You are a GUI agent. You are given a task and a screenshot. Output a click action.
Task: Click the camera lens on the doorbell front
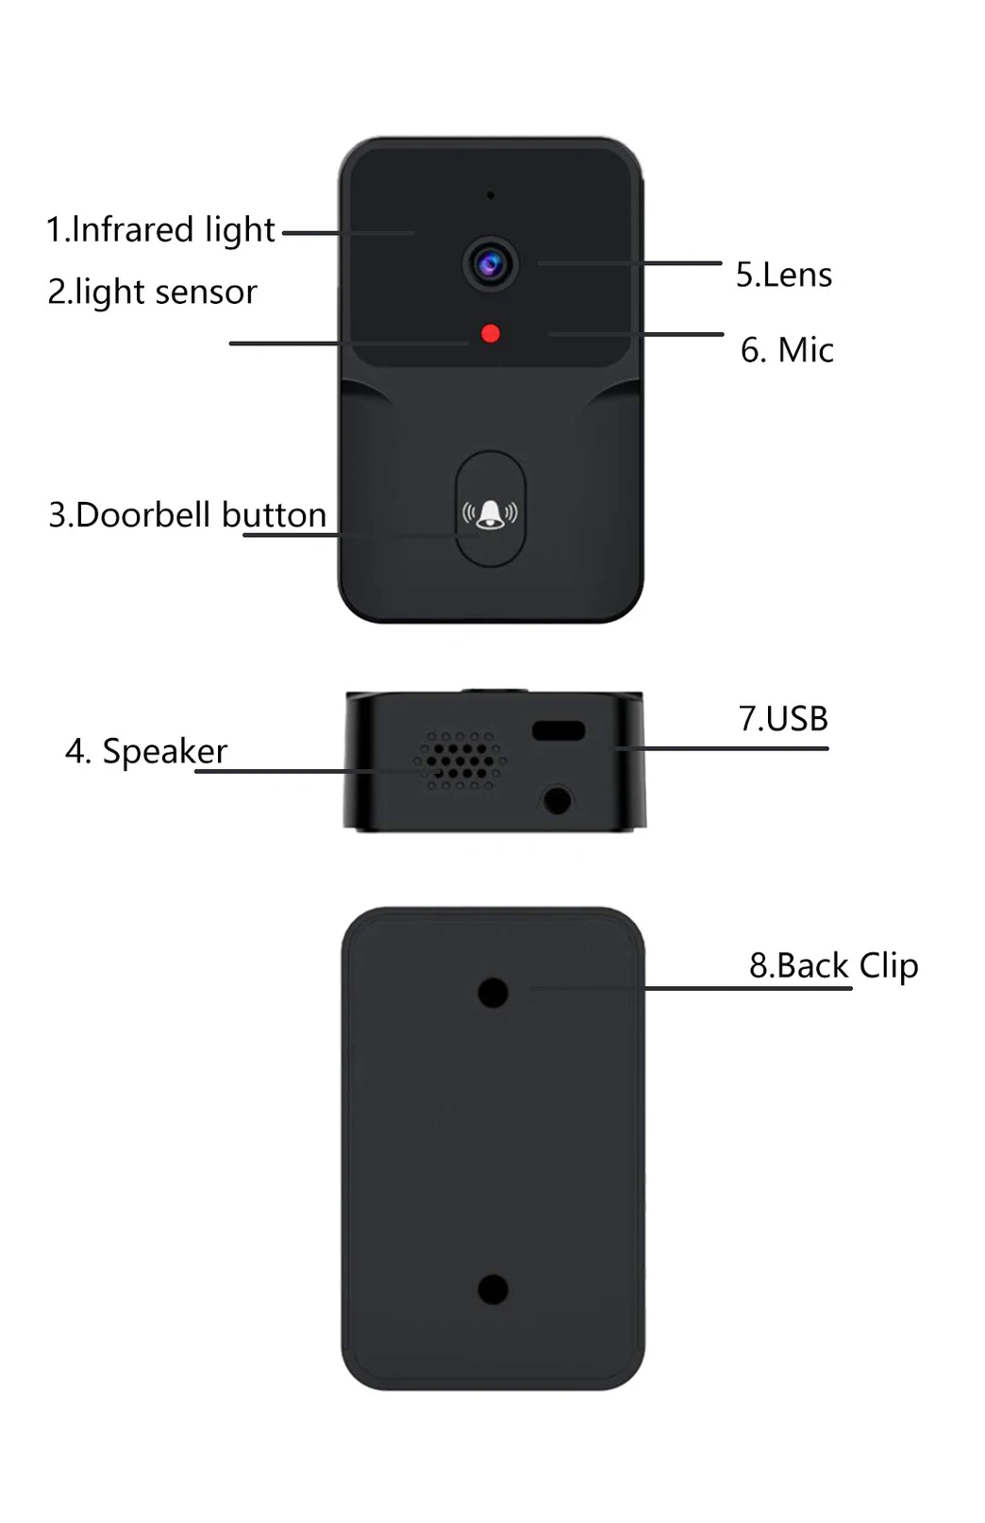point(490,264)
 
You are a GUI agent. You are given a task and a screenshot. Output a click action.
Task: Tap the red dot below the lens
point(490,333)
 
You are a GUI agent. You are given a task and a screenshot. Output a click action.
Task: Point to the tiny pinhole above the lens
point(490,195)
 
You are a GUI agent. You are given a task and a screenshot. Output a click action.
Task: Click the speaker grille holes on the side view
point(461,760)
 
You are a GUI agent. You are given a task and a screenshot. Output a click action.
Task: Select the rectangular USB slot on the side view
point(559,730)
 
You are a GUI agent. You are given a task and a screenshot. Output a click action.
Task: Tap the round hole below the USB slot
point(558,800)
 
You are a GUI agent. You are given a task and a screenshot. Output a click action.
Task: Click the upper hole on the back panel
point(492,992)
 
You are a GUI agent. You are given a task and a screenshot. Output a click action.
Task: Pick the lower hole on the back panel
point(492,1289)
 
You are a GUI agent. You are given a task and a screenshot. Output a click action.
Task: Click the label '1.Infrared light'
point(160,229)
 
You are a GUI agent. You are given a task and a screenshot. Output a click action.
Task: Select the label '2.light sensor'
point(152,292)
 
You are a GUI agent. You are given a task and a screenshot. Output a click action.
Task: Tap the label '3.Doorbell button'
point(187,515)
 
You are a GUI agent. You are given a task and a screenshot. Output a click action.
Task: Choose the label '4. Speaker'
point(146,751)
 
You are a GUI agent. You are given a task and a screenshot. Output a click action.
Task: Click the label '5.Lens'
point(783,275)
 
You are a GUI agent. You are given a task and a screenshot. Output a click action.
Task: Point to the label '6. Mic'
point(787,350)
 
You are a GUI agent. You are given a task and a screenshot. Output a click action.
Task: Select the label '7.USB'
point(782,719)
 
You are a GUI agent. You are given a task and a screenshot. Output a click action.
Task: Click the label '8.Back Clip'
point(833,965)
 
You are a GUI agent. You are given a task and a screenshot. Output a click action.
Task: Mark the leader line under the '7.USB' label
point(722,748)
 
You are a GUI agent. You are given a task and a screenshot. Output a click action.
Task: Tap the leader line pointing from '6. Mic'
point(660,334)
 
